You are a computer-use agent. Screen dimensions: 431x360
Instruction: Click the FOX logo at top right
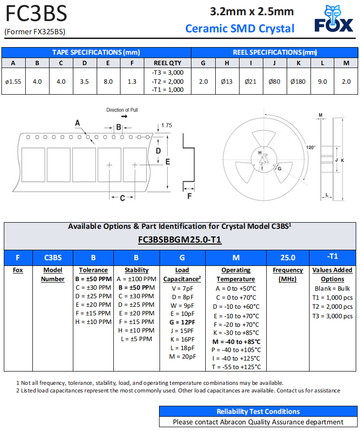click(333, 19)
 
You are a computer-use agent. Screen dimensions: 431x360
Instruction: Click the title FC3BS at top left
click(36, 14)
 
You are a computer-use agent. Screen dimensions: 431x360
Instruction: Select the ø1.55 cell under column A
click(13, 81)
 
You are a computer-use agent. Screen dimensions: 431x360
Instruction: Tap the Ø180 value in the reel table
click(298, 81)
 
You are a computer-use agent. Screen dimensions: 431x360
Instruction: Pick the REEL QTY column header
click(168, 63)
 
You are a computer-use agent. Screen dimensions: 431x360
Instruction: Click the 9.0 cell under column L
click(322, 81)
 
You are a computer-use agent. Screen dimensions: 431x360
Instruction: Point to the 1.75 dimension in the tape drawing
click(166, 126)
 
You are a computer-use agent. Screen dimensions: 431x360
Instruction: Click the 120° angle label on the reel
click(310, 147)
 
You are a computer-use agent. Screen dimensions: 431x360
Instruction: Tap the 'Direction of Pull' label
click(122, 110)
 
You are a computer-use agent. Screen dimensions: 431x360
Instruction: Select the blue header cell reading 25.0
click(288, 257)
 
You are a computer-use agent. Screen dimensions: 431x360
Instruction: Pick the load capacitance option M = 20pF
click(182, 356)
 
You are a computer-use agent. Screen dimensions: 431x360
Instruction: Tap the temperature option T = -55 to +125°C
click(236, 367)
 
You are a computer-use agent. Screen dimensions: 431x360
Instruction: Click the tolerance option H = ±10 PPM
click(93, 322)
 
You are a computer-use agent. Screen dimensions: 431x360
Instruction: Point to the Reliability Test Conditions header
click(258, 411)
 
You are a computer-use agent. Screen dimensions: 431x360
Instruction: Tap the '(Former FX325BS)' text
click(35, 32)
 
